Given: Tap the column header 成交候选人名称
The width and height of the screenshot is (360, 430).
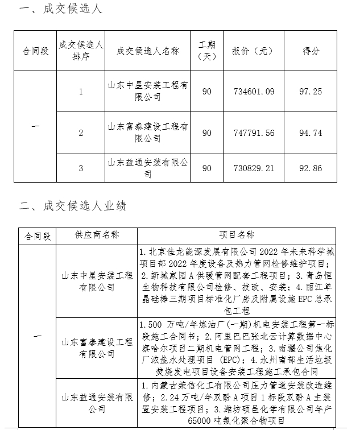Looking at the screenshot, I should tap(147, 51).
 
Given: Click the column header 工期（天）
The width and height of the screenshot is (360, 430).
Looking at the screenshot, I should tap(207, 51).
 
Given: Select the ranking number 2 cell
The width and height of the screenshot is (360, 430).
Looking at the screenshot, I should tap(81, 133).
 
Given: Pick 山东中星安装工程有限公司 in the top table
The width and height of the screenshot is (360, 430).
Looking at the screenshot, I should tap(147, 91).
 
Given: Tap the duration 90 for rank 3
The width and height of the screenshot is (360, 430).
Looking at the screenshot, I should tap(207, 168).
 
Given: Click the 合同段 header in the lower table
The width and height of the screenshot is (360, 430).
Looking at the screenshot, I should tap(37, 235).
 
